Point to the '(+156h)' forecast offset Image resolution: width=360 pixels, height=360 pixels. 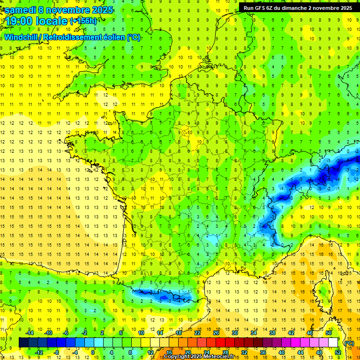[x=83, y=21]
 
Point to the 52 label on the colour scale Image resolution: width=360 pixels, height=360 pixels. [x=337, y=352]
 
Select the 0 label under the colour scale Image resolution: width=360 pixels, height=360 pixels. [x=93, y=352]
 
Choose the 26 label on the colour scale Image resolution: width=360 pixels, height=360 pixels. [x=216, y=333]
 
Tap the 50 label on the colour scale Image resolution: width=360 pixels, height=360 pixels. [x=329, y=333]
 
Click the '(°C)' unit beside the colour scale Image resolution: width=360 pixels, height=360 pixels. [x=349, y=343]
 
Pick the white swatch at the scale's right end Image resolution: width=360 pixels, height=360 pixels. [x=333, y=343]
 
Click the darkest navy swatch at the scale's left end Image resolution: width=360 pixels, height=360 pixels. [x=23, y=343]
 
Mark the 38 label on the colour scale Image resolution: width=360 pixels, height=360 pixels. [x=272, y=333]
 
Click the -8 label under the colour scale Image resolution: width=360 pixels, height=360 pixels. [x=56, y=352]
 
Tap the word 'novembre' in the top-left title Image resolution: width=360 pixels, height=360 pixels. [x=67, y=10]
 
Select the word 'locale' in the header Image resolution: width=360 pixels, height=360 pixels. [x=52, y=21]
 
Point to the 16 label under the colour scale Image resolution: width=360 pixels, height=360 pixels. [x=169, y=352]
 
